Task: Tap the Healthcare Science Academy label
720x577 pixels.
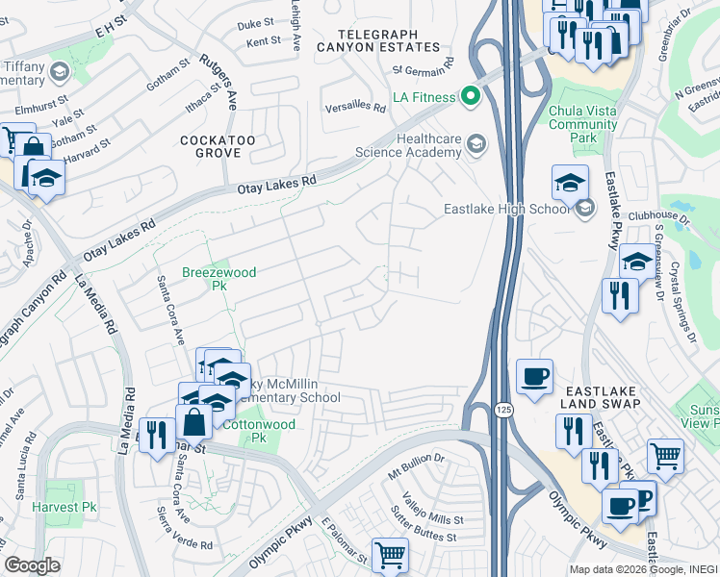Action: [408, 144]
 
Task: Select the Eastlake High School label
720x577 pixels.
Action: [506, 209]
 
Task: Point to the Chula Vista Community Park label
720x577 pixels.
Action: [582, 124]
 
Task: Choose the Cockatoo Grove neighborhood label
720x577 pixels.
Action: [219, 146]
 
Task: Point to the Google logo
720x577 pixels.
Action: [32, 565]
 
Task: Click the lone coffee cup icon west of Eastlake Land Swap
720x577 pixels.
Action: [534, 376]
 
